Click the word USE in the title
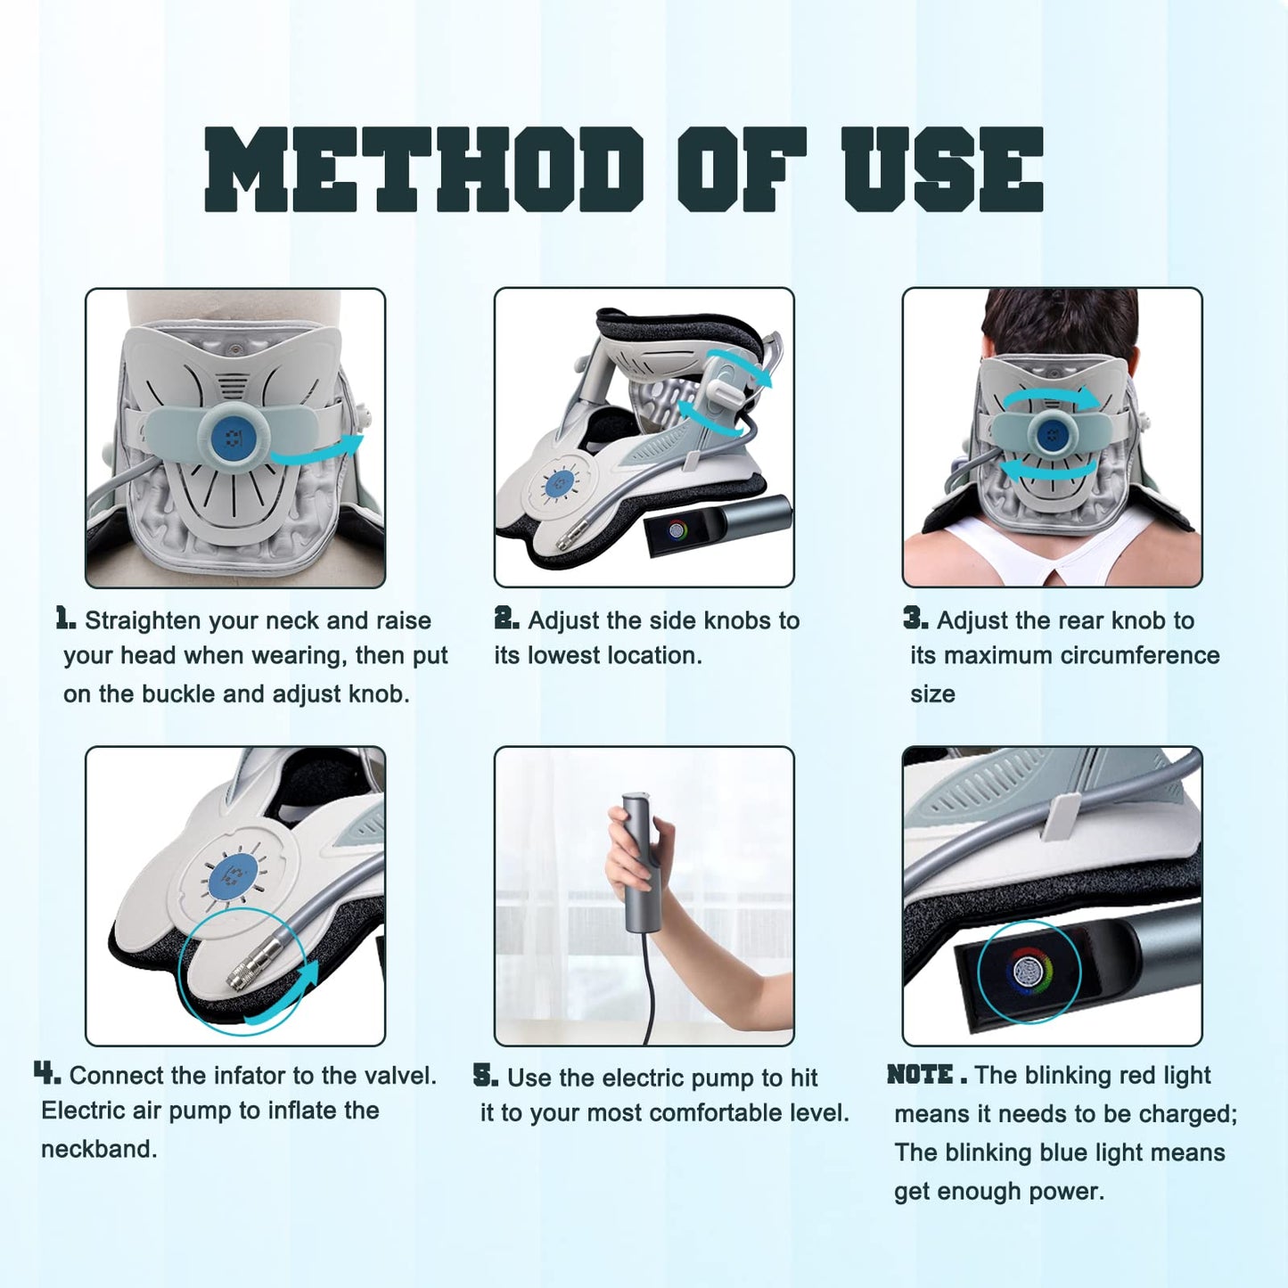944,169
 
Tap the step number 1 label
65,619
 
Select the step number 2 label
506,619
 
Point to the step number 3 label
915,619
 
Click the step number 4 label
47,1073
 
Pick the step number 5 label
486,1075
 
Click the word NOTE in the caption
920,1074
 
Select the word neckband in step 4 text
99,1150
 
